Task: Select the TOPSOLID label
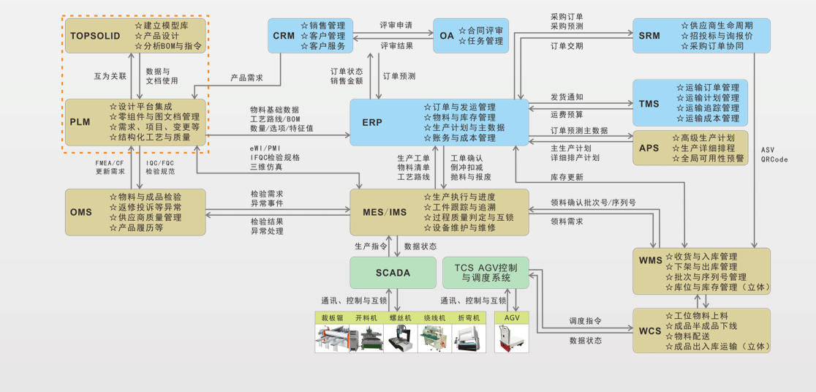pos(95,36)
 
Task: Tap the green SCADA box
pos(393,273)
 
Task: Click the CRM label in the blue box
pos(284,36)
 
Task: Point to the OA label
pos(447,36)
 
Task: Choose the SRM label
pos(649,36)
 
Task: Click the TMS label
pos(649,103)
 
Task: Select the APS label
pos(649,148)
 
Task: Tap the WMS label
pos(650,261)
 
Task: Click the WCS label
pos(650,331)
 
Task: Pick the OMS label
pos(81,212)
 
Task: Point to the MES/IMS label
pos(385,212)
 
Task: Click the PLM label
pos(80,121)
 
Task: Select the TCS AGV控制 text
pos(486,266)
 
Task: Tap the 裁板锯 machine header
pos(332,318)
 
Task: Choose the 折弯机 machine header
pos(469,318)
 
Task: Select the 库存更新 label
pos(567,178)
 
